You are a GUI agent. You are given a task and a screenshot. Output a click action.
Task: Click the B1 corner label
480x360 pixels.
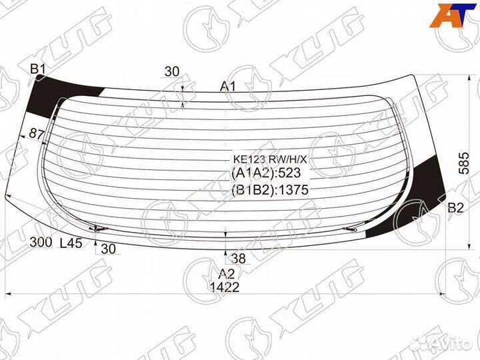pyautogui.click(x=38, y=69)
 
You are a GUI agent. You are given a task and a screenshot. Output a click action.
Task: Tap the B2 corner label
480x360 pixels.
pyautogui.click(x=455, y=208)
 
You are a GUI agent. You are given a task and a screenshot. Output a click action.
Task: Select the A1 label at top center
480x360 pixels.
pyautogui.click(x=228, y=87)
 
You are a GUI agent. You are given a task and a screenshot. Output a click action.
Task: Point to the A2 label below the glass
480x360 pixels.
pyautogui.click(x=227, y=273)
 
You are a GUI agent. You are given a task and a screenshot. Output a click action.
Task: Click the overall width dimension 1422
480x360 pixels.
pyautogui.click(x=225, y=287)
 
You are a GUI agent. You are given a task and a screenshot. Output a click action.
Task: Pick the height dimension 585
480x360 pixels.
pyautogui.click(x=464, y=163)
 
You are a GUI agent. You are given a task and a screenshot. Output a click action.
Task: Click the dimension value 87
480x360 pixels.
pyautogui.click(x=37, y=134)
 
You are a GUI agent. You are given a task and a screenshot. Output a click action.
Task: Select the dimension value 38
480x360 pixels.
pyautogui.click(x=239, y=259)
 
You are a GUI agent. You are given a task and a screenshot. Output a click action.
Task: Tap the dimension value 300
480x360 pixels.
pyautogui.click(x=41, y=242)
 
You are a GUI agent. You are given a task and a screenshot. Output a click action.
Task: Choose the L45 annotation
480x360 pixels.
pyautogui.click(x=71, y=243)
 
